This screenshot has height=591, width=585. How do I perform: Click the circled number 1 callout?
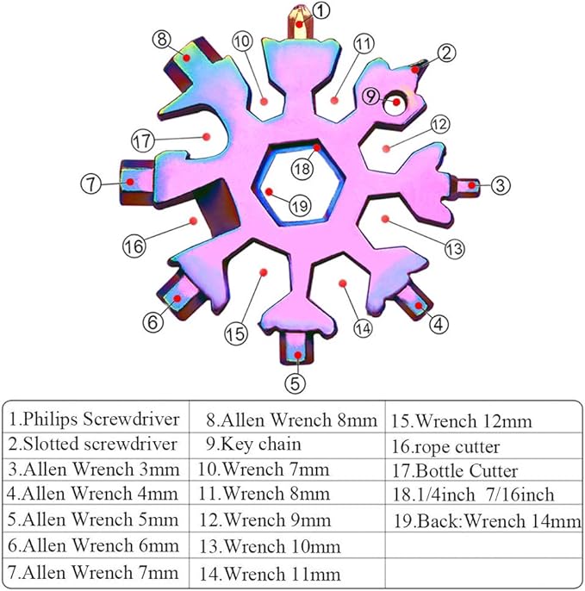click(321, 11)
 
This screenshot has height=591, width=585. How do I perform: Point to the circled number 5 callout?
click(296, 381)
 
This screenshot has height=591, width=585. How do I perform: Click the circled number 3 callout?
click(502, 184)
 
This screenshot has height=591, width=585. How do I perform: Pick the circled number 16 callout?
click(133, 246)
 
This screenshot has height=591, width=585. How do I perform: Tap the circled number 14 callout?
click(362, 328)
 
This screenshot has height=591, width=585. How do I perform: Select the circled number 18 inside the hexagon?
click(301, 169)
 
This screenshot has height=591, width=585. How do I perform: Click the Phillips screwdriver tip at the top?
click(298, 19)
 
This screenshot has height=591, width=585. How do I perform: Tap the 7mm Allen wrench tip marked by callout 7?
click(131, 182)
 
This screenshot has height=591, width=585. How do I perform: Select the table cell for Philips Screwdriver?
click(95, 420)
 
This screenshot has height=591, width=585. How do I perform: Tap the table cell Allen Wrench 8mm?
click(292, 420)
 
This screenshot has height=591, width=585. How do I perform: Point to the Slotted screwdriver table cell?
click(95, 445)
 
